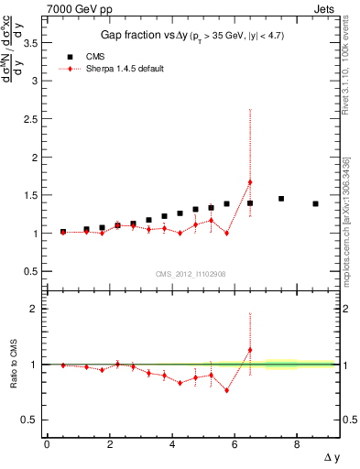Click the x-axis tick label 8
coord(297,445)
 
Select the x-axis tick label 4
coord(171,445)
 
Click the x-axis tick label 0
coord(47,445)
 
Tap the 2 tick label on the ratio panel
coord(35,309)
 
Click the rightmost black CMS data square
coord(315,203)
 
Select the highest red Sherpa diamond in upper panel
coord(250,182)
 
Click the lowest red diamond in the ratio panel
coord(226,390)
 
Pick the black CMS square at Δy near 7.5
coord(281,199)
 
